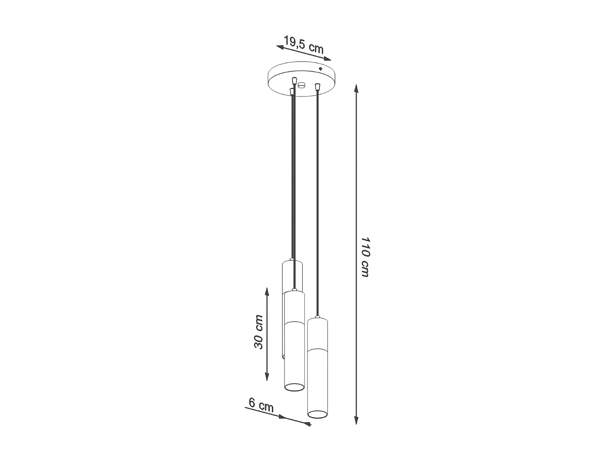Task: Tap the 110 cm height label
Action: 365,256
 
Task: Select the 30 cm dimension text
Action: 258,332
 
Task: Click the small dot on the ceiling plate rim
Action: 321,69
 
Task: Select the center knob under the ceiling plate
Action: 302,85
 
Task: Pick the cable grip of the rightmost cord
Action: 317,87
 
